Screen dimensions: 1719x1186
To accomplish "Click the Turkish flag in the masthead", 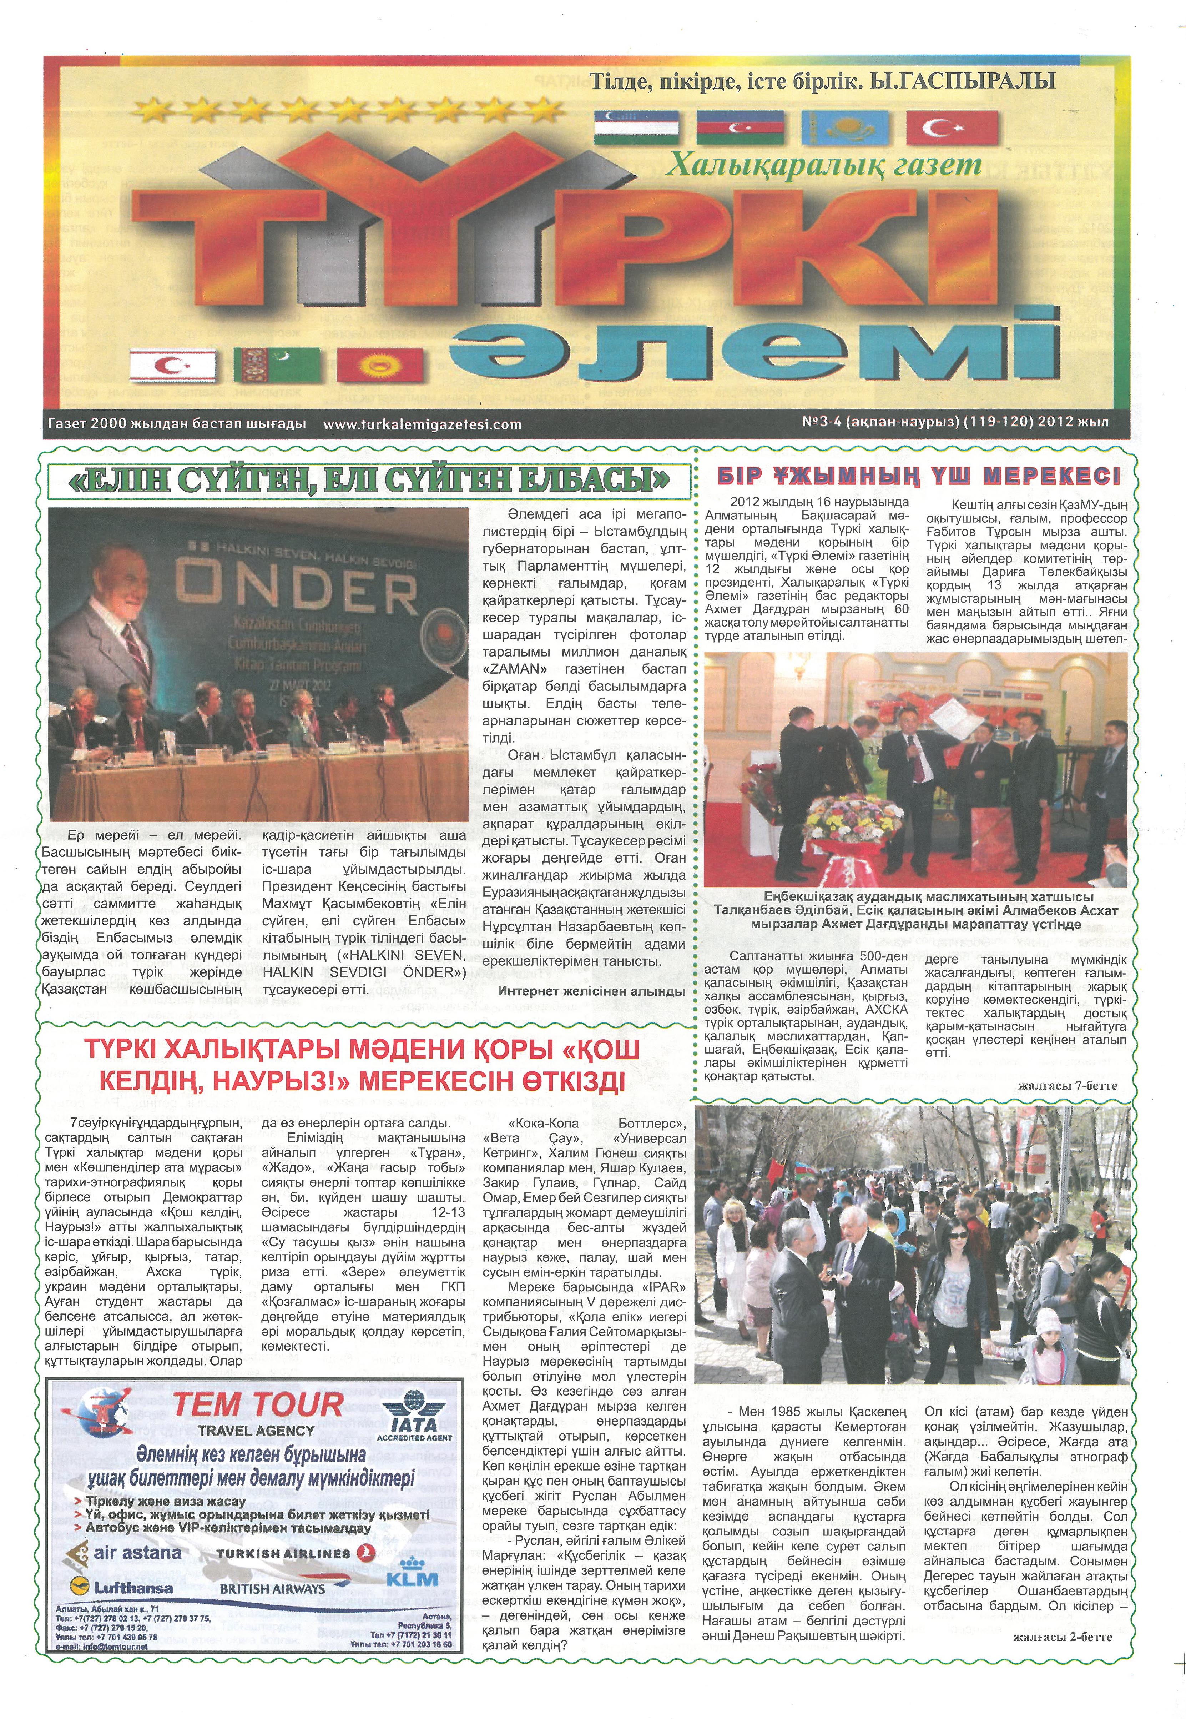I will click(x=953, y=128).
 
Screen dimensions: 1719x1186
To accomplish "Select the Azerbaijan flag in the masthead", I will click(x=740, y=128).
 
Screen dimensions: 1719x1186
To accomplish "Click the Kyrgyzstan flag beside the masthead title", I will click(x=380, y=365).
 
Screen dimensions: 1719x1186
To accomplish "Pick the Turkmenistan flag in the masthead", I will click(x=277, y=365).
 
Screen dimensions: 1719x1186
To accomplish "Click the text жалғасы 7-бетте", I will click(x=1067, y=1086).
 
